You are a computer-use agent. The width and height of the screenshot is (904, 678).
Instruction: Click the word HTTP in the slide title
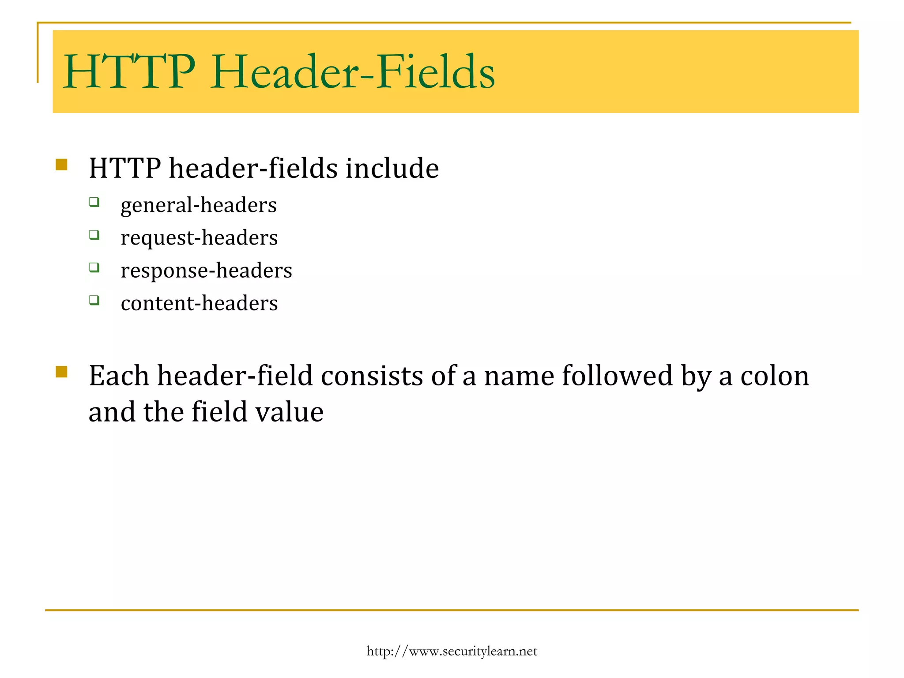coord(129,72)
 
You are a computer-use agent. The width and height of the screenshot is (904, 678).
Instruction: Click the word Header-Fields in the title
coord(352,72)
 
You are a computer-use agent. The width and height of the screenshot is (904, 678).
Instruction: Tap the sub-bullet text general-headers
coord(198,205)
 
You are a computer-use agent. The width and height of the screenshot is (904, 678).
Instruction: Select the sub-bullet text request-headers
coord(199,238)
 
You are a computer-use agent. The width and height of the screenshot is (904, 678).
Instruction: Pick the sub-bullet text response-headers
coord(206,271)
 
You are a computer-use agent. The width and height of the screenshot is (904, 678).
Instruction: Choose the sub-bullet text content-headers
coord(199,303)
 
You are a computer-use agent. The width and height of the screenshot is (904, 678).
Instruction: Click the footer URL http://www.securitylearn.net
coord(452,652)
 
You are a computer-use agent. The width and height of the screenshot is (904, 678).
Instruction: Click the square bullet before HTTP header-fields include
coord(61,165)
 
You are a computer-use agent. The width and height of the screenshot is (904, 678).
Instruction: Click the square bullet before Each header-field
coord(61,372)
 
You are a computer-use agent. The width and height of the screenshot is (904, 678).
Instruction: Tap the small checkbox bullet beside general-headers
coord(94,202)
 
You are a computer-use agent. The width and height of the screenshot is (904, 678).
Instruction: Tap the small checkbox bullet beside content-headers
coord(94,300)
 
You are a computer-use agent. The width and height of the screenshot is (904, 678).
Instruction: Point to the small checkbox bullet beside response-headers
coord(94,267)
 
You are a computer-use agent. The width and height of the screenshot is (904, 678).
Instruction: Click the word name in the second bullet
coord(519,376)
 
